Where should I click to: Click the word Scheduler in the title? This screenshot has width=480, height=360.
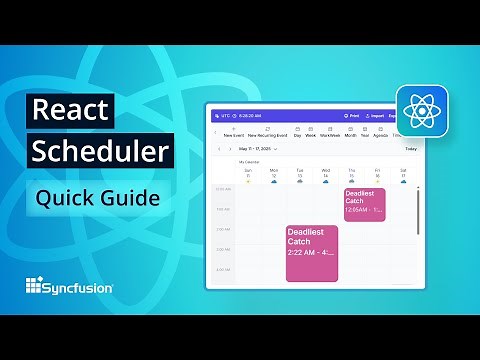pos(98,152)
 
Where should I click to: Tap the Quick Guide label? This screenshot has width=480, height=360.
pos(98,198)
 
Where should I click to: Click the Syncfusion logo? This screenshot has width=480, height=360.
pos(69,287)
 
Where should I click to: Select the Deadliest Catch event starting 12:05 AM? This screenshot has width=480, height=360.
pos(364,204)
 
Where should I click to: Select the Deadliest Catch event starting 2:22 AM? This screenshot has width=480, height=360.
pos(312,253)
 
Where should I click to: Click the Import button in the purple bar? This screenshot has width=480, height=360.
pos(377,116)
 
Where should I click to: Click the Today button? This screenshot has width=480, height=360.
pos(410,149)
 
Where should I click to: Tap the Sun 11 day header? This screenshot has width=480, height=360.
pos(247,174)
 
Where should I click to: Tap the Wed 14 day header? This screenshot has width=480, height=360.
pos(325,174)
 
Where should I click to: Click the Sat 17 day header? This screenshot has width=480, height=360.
pos(403,174)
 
